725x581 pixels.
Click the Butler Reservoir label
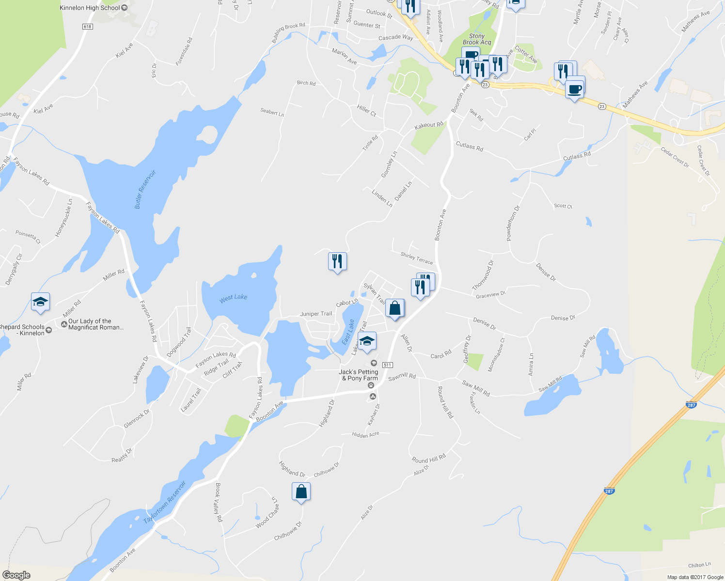point(145,189)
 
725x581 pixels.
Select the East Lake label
point(348,332)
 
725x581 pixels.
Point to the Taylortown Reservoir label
point(165,502)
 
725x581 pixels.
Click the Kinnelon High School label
point(90,8)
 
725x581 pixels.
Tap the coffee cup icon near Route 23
point(575,90)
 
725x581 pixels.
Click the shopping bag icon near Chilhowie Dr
point(301,492)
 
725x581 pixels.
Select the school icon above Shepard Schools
point(40,302)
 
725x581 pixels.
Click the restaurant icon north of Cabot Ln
point(337,261)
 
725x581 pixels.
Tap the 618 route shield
point(87,27)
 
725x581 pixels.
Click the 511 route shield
point(387,365)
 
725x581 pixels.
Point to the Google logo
point(16,575)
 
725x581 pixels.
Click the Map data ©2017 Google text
point(695,577)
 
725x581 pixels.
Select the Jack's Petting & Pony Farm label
point(359,375)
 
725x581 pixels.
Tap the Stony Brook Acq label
point(477,39)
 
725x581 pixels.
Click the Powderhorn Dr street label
point(513,223)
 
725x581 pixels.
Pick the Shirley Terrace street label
point(417,259)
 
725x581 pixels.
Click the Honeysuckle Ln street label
point(63,218)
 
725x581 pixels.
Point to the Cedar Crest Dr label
point(675,157)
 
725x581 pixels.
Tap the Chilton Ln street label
point(699,565)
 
